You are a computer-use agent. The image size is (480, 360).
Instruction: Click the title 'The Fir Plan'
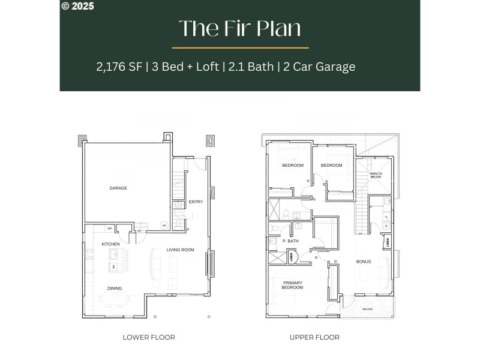(240, 28)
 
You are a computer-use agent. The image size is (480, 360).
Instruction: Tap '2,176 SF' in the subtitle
(119, 67)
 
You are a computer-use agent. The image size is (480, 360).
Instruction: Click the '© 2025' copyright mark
(77, 6)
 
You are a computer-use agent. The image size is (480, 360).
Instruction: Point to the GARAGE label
(118, 188)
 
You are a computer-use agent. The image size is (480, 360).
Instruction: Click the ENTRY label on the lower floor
(196, 202)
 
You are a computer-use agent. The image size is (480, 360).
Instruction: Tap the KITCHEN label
(110, 244)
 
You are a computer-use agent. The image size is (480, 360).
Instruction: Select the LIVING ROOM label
(180, 250)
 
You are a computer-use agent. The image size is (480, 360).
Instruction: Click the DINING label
(115, 289)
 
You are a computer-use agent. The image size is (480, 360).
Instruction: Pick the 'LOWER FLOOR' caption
(149, 337)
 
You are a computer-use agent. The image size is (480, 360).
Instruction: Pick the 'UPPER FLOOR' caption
(314, 337)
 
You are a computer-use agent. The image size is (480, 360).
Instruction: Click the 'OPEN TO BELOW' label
(376, 175)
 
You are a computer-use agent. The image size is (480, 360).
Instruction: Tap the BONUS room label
(364, 262)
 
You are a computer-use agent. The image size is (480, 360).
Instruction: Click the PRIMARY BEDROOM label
(293, 285)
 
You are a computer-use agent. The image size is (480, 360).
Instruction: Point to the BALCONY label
(367, 309)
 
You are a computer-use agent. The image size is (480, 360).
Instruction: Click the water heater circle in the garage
(164, 226)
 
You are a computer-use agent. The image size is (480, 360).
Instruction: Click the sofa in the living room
(155, 265)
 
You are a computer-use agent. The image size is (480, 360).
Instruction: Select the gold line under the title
(240, 47)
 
